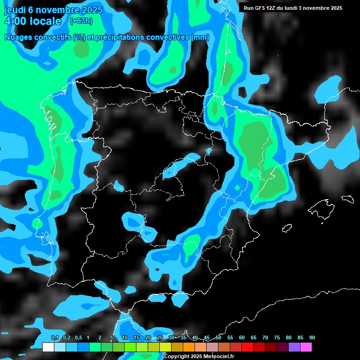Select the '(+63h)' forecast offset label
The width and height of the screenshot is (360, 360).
tap(81, 21)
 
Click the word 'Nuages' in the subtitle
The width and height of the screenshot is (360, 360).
tap(20, 37)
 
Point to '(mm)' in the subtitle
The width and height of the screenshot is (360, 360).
tap(201, 37)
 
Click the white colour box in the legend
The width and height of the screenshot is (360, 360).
tap(48, 347)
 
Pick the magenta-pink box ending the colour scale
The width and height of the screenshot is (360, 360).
tap(306, 347)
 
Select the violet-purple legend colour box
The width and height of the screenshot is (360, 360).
tap(294, 347)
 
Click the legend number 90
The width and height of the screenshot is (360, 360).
tap(312, 337)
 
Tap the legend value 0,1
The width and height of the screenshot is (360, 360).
tap(54, 337)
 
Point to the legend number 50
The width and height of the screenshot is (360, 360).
tap(218, 337)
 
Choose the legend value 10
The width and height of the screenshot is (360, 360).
tap(125, 337)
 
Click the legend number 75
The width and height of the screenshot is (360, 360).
tap(277, 337)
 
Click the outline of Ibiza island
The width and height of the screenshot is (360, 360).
tap(287, 228)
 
